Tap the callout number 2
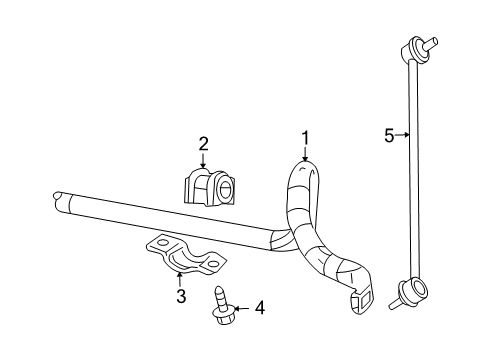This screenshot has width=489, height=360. (203, 143)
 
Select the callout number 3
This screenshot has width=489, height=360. (180, 296)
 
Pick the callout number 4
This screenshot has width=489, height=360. (259, 308)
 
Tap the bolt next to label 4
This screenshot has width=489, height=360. (221, 305)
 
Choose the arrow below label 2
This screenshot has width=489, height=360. (203, 162)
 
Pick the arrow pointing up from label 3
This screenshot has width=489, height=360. (180, 278)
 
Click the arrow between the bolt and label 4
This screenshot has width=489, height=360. (242, 308)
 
